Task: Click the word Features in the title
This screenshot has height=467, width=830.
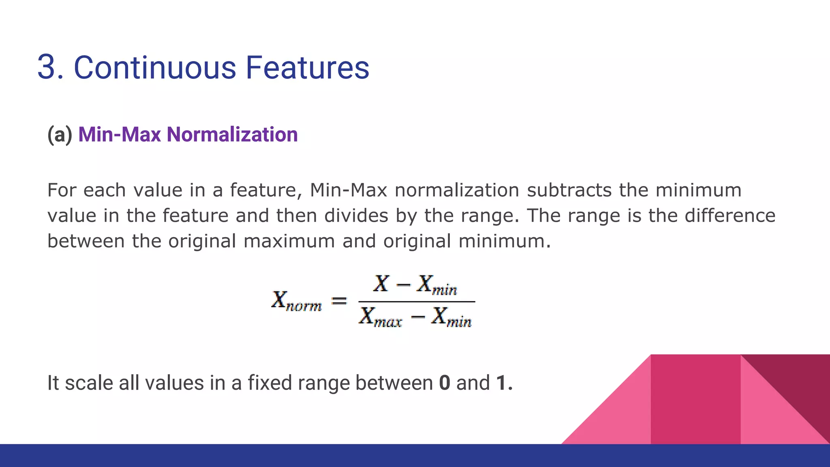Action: (x=307, y=67)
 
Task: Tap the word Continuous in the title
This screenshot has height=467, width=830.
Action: (x=154, y=67)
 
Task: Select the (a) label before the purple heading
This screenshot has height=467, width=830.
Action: (x=60, y=135)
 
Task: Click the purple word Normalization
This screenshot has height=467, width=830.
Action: (x=232, y=135)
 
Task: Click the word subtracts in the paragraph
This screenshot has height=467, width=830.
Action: (x=569, y=190)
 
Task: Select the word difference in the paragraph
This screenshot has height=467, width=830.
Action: (x=730, y=215)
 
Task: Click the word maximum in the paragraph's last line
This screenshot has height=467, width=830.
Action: (x=289, y=241)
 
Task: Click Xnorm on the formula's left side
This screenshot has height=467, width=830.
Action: (x=296, y=301)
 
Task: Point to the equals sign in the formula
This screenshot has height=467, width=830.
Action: (x=339, y=301)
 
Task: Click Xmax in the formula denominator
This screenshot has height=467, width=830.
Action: (x=380, y=317)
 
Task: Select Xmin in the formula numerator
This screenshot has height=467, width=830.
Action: (x=437, y=285)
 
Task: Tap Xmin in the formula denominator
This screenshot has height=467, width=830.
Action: (x=451, y=317)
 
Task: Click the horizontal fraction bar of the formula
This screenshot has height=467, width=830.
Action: (x=416, y=302)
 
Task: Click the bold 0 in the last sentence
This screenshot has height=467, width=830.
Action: (x=444, y=383)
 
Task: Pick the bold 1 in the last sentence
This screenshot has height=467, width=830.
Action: (x=501, y=383)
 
